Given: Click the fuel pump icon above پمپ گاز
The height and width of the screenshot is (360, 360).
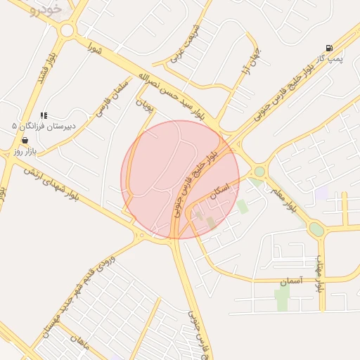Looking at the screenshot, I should coord(329,48).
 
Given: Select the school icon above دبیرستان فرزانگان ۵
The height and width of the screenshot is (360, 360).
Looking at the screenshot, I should coord(44,115).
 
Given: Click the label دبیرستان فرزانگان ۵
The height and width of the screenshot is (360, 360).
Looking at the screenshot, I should coord(44,125).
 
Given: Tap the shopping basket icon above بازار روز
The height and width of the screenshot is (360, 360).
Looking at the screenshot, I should coord(25,141).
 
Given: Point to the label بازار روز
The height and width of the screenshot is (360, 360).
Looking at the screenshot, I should coord(25,151).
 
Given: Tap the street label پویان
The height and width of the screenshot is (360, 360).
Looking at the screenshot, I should coord(144,105).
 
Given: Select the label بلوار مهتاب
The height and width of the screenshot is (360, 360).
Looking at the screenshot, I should coord(319,274).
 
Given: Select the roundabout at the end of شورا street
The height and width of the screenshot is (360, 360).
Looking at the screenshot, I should coord(67,30).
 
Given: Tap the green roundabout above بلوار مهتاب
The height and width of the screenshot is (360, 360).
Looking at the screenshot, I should coord(317,229).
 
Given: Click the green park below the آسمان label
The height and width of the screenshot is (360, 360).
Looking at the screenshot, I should coord(282,298).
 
